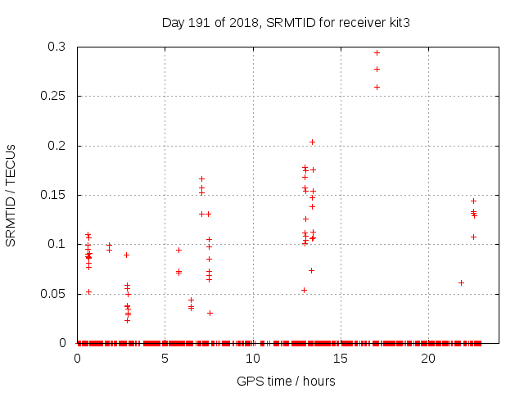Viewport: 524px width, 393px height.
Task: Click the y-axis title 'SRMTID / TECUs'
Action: (x=11, y=195)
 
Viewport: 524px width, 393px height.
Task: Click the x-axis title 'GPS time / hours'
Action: (x=286, y=381)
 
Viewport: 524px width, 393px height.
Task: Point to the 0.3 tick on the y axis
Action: (x=60, y=47)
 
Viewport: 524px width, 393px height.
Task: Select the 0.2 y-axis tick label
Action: (x=60, y=146)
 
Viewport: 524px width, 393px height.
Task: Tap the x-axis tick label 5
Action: (x=165, y=359)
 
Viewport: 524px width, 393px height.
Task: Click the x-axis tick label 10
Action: (x=252, y=359)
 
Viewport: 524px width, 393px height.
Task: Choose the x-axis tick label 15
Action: (x=340, y=359)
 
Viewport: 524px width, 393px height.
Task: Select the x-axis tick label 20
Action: (x=427, y=359)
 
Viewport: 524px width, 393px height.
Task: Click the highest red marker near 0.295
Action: (x=377, y=52)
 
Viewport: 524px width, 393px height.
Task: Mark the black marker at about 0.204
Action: (x=312, y=142)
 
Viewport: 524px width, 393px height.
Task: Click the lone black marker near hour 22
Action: (x=461, y=282)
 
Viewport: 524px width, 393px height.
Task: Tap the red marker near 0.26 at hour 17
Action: (x=377, y=87)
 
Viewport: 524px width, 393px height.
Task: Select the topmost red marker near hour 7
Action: (x=201, y=178)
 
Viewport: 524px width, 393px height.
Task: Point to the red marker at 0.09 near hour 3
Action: (x=126, y=255)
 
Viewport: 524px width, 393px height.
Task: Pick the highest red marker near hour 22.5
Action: (x=473, y=201)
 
